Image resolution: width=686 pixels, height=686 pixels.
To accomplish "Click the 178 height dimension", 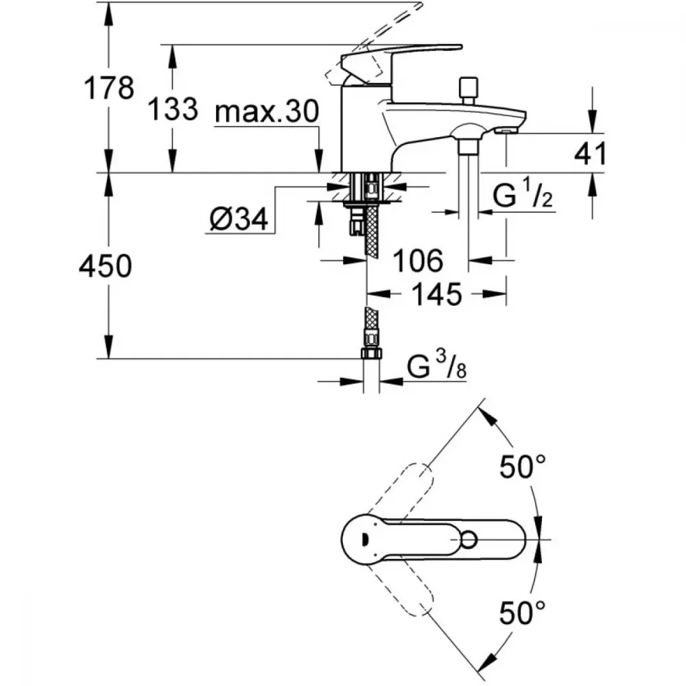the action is [108, 88].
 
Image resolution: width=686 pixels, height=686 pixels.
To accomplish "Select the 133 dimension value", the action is [172, 109].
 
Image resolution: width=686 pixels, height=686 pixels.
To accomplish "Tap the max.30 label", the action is [267, 111].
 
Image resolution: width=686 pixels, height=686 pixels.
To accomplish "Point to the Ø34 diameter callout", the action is [239, 218].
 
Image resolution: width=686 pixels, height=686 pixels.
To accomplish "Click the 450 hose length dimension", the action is [105, 265].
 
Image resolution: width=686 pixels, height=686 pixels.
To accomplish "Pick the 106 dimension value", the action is [418, 261].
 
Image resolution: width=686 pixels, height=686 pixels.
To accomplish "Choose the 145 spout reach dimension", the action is [436, 294].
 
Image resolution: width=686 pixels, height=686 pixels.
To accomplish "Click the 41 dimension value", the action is [590, 154].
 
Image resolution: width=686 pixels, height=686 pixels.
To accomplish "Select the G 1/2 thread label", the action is [522, 194].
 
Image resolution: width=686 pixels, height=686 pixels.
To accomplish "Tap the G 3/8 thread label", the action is [436, 366].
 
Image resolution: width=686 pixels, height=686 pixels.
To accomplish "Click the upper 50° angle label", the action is [522, 466].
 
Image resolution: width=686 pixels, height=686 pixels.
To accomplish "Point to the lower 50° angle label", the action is [522, 613].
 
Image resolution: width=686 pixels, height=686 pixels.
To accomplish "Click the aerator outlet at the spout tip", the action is [506, 131].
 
